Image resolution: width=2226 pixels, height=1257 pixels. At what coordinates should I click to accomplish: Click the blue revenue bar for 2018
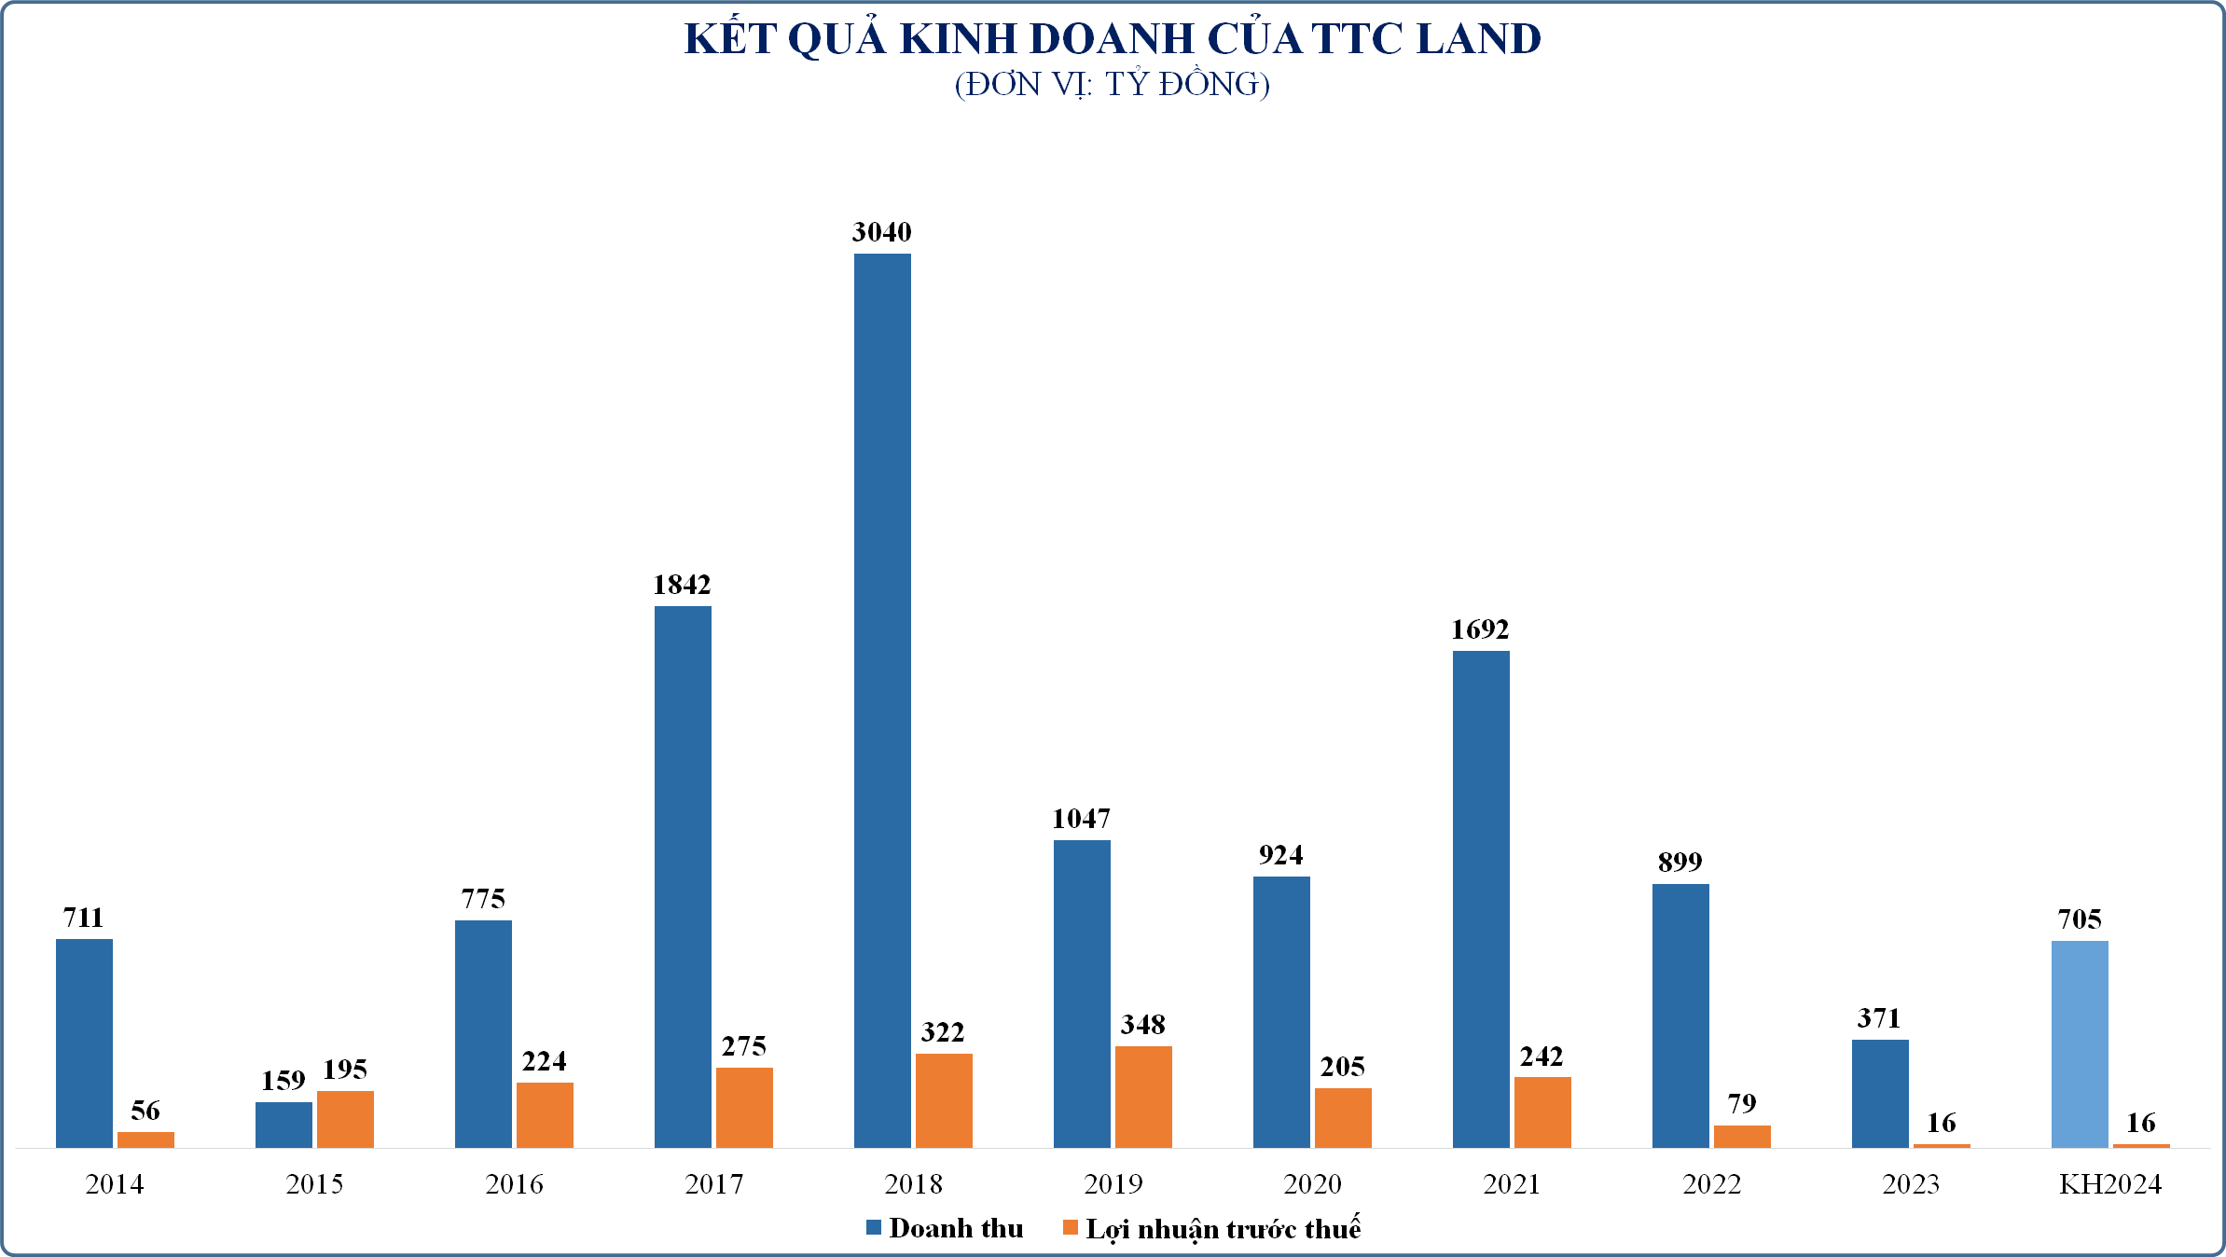click(882, 699)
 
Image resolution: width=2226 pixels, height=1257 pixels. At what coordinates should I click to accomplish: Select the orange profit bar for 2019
click(1143, 1097)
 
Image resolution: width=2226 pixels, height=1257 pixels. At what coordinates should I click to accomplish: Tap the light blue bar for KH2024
click(2080, 1044)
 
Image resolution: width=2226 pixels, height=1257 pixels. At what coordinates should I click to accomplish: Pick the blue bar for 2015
click(283, 1125)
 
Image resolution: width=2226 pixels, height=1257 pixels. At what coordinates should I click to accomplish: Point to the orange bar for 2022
click(1742, 1136)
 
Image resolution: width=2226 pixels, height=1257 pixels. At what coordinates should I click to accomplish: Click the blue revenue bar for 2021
click(1481, 899)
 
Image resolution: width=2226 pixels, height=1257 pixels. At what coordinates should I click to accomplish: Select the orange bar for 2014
click(145, 1140)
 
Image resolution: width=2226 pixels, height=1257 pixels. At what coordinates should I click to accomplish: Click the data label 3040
click(881, 232)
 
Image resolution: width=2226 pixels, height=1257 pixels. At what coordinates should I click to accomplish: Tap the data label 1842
click(682, 585)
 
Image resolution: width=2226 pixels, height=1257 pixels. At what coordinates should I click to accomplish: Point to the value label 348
click(1142, 1025)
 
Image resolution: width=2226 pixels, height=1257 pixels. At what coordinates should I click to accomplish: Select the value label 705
click(2080, 919)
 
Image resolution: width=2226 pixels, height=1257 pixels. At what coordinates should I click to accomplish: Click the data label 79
click(1741, 1104)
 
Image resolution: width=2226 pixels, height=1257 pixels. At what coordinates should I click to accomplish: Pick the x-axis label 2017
click(713, 1184)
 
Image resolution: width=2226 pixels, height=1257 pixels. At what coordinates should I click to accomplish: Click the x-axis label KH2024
click(2109, 1184)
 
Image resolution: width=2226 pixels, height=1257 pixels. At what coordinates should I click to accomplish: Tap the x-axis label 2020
click(1312, 1184)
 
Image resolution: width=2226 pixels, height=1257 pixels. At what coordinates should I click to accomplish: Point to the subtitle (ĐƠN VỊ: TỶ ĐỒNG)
click(1112, 85)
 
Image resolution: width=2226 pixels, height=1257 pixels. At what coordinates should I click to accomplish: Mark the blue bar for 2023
click(1880, 1093)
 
